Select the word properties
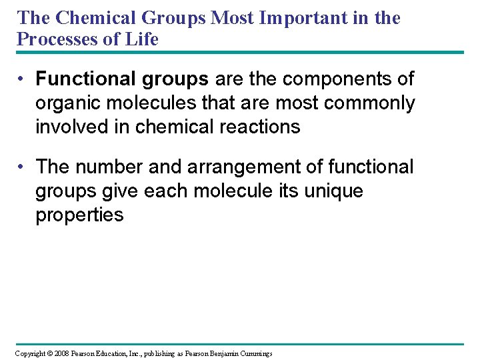point(79,215)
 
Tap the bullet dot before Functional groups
point(22,79)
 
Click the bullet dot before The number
point(22,167)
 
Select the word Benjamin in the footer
point(229,353)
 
